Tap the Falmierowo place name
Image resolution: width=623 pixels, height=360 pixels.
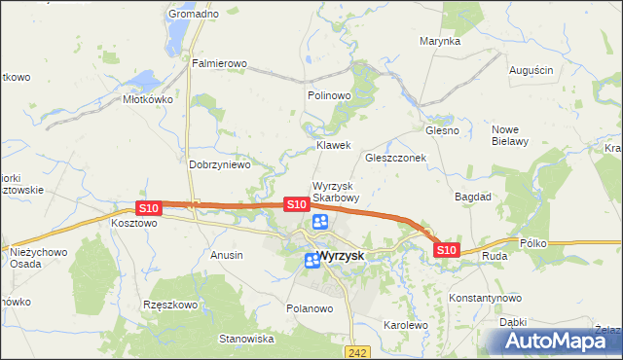tap(219, 63)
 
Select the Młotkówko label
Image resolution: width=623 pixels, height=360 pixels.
tap(147, 98)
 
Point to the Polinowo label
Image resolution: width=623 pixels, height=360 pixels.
tap(328, 95)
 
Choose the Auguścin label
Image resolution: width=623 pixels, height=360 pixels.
tap(531, 70)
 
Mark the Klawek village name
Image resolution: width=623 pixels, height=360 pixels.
tap(333, 145)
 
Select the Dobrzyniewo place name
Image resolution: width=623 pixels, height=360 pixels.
tap(219, 164)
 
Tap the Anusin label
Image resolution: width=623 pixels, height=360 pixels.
tap(227, 254)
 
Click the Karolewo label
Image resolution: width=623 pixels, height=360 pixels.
tap(406, 325)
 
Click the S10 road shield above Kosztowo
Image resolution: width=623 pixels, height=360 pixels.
tap(148, 208)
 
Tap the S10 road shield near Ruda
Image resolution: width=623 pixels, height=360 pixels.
tap(446, 250)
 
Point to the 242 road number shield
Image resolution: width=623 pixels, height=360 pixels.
tap(359, 353)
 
